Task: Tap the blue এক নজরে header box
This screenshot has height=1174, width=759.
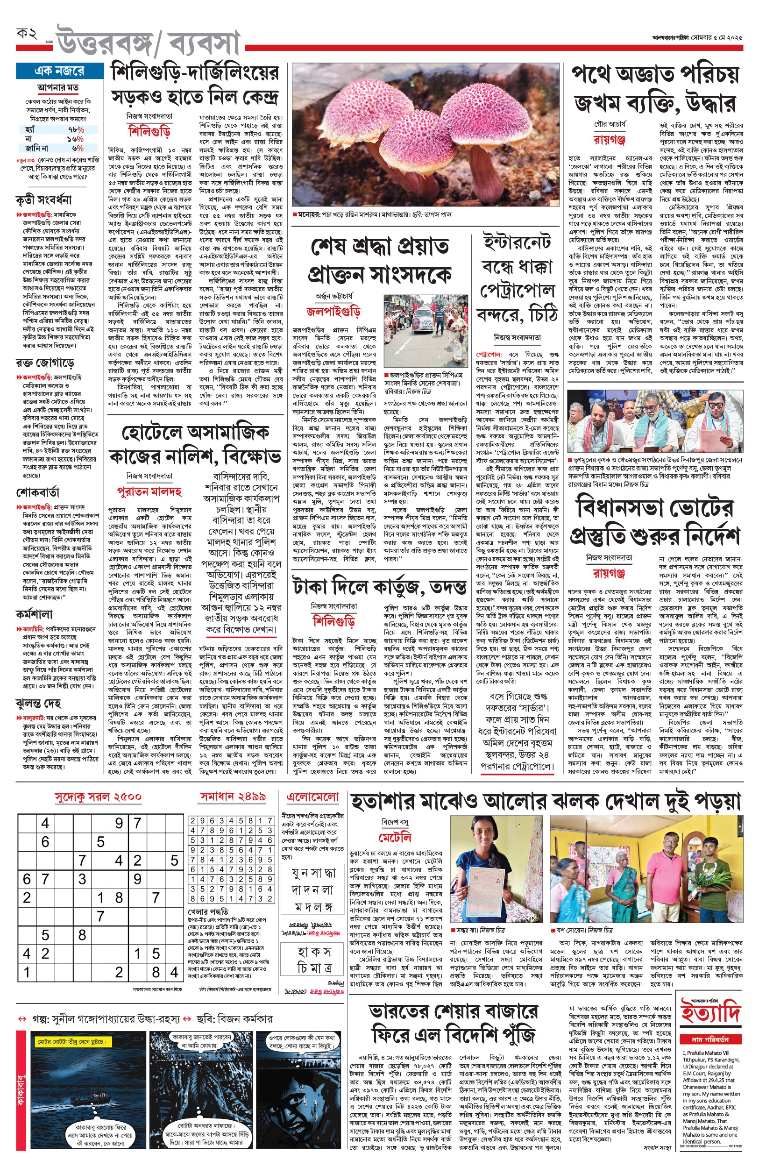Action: (59, 71)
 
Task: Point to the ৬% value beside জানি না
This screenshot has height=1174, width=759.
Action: (78, 148)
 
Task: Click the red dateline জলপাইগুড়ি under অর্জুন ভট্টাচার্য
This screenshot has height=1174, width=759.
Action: (333, 312)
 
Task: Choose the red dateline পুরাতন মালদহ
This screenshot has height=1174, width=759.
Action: (149, 491)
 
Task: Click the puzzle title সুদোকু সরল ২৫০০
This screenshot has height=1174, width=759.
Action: (98, 797)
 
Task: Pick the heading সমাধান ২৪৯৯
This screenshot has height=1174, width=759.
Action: (233, 797)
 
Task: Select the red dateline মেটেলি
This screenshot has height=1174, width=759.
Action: (395, 838)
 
